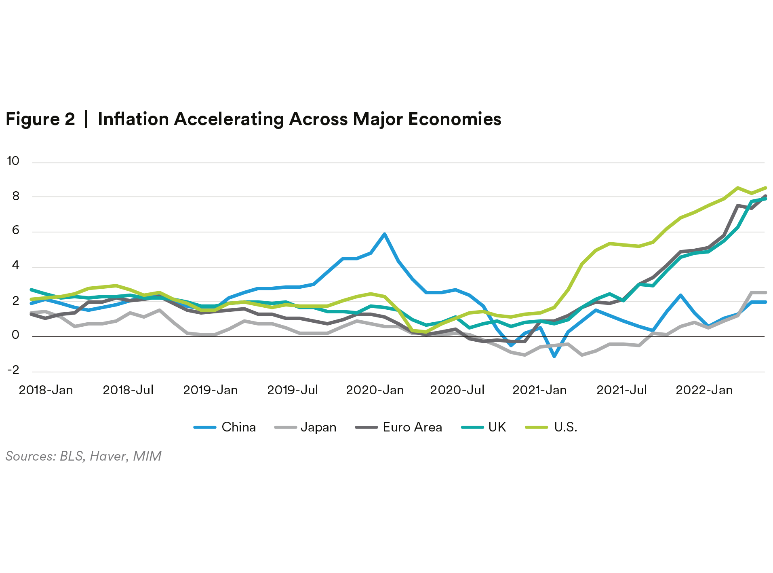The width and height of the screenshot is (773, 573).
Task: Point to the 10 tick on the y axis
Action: pos(13,161)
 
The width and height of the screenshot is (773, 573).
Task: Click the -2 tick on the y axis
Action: pos(13,370)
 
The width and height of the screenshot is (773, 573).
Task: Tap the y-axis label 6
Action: pos(16,230)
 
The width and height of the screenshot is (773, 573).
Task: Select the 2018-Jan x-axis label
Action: pos(46,390)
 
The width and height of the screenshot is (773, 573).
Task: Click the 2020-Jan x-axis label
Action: pos(375,390)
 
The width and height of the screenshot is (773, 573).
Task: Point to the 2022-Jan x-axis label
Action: pos(704,390)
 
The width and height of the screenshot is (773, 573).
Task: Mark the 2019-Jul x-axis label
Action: pos(293,390)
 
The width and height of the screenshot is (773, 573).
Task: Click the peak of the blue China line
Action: pos(385,234)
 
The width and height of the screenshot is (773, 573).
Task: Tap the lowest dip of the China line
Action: pos(554,356)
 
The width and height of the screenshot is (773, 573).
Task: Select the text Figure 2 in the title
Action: pos(40,119)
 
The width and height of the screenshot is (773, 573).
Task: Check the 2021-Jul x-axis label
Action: pos(621,390)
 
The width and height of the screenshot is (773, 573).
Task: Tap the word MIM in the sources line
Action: pos(147,456)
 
